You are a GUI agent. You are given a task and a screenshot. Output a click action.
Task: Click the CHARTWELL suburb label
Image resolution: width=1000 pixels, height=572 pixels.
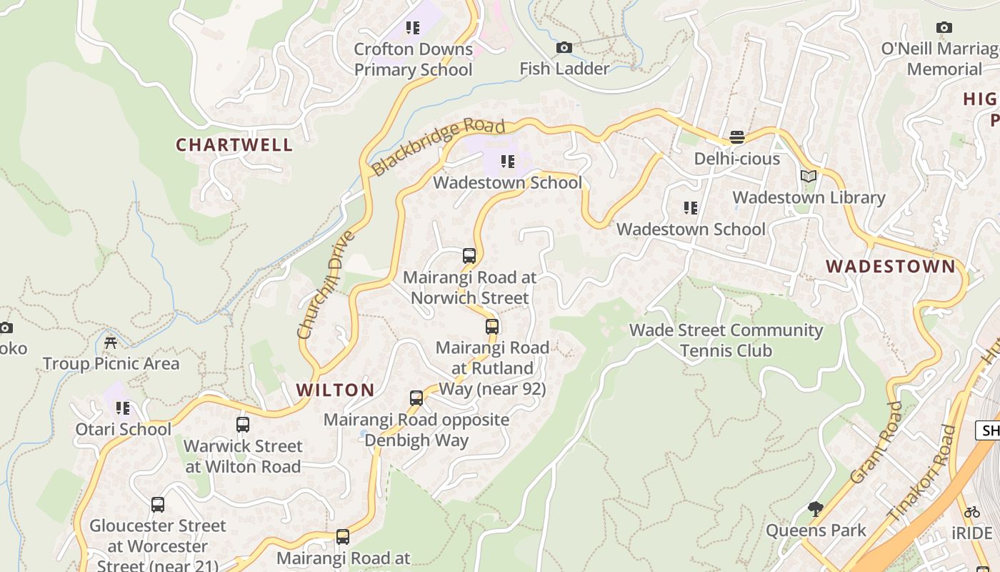[x=234, y=144]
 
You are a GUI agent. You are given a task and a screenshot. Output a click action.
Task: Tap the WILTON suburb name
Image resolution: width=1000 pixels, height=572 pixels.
[x=335, y=390]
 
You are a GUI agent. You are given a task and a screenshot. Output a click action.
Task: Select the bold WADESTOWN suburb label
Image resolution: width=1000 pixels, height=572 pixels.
[x=890, y=266]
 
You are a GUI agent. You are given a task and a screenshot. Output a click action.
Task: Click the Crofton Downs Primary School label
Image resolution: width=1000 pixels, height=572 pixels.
[x=413, y=59]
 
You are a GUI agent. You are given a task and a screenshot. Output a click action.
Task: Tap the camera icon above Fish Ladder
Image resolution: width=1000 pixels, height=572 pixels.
[x=564, y=48]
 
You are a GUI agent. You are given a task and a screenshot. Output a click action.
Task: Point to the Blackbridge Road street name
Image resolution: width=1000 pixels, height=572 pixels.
[x=439, y=147]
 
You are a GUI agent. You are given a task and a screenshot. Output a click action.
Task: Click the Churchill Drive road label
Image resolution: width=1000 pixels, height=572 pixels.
[x=326, y=284]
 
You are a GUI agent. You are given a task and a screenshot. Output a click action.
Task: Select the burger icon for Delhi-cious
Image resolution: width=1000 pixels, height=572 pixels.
[x=737, y=137]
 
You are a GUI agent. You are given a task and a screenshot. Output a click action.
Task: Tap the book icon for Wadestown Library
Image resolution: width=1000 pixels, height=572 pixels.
[x=809, y=177]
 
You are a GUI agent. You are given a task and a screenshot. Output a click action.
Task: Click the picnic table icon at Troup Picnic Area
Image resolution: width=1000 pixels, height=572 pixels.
[x=111, y=342]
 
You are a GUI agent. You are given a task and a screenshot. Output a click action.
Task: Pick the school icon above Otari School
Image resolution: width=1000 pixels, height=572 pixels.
[x=123, y=408]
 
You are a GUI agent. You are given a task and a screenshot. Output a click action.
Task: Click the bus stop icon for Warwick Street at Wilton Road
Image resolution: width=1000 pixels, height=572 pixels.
[x=243, y=425]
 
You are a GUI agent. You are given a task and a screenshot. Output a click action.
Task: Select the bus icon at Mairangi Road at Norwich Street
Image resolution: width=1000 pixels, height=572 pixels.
[x=469, y=256]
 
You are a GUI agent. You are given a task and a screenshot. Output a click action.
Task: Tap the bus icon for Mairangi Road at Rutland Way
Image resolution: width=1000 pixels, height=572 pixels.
[x=492, y=327]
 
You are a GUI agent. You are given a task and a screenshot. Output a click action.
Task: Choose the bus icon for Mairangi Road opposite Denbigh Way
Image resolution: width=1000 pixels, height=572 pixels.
[x=416, y=398]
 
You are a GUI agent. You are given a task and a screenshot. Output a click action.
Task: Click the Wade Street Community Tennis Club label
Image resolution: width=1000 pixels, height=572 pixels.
[x=726, y=340]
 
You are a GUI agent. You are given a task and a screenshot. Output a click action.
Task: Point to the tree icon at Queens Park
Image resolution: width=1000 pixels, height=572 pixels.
[x=816, y=509]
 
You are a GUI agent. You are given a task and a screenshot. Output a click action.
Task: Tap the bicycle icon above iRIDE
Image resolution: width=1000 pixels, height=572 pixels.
[x=971, y=512]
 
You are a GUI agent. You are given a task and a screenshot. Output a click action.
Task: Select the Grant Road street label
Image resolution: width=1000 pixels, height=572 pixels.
[x=876, y=443]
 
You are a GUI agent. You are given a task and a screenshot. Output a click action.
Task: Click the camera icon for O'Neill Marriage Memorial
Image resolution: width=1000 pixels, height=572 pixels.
[x=944, y=28]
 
